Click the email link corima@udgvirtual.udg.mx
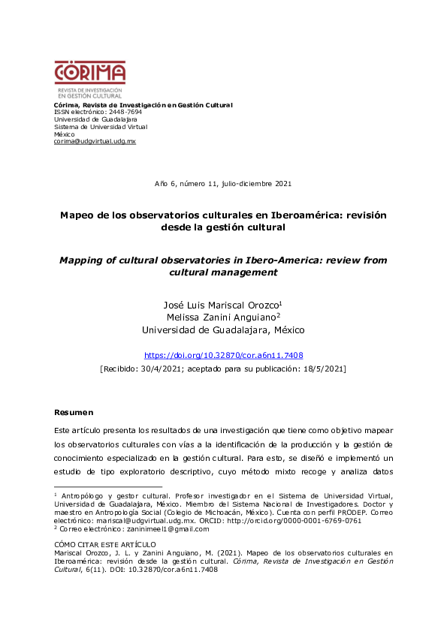tap(95, 141)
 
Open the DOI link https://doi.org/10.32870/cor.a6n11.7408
tap(223, 355)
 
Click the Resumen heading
tap(74, 412)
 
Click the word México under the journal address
tap(65, 134)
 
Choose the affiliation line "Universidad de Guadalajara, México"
tap(223, 330)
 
